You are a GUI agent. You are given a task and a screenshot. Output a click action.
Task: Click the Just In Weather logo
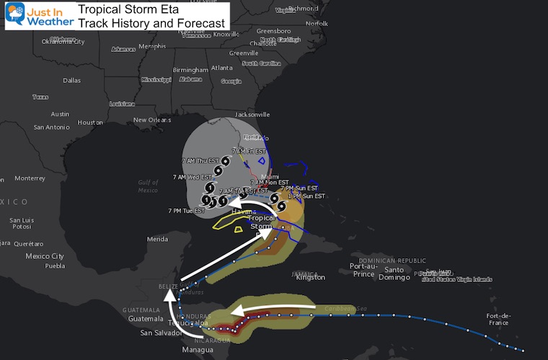pos(40,14)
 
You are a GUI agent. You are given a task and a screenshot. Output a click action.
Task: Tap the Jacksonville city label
pos(252,114)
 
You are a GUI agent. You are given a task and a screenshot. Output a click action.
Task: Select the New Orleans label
pos(152,120)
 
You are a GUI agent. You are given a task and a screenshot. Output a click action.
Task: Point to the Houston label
pos(90,122)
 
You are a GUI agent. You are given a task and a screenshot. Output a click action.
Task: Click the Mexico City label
pos(45,256)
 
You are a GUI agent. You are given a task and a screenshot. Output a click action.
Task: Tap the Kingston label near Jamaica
pos(311,277)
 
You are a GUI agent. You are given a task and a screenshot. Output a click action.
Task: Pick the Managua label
pos(197,350)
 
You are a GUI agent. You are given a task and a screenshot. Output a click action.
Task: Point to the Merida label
pos(156,239)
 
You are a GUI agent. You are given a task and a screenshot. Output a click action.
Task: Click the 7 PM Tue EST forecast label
pos(186,211)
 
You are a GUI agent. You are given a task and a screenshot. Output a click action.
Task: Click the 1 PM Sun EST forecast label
pos(306,196)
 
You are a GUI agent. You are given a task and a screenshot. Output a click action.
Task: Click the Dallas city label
pos(71,80)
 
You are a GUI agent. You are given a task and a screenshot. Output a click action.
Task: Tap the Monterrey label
pos(30,178)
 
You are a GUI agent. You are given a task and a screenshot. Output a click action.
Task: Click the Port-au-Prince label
pos(363,270)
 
